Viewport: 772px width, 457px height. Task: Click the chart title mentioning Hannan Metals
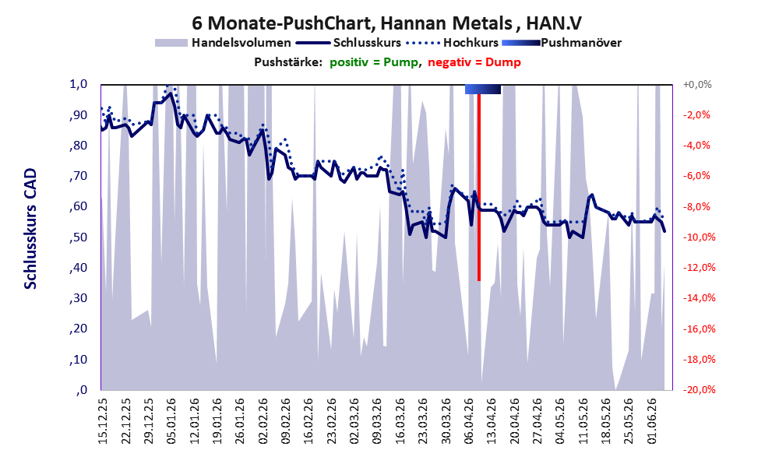[x=387, y=23]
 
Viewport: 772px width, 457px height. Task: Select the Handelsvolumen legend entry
[x=223, y=43]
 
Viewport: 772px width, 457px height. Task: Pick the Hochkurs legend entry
[x=453, y=43]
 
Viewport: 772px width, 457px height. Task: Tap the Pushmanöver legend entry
[x=562, y=43]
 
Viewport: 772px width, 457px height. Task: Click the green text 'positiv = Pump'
[x=374, y=62]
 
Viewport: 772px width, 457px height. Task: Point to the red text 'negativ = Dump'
[x=474, y=62]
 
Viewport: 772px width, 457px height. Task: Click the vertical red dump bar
[x=478, y=187]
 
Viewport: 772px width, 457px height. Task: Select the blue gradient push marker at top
[x=483, y=89]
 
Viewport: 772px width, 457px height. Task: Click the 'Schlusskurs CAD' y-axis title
[x=30, y=229]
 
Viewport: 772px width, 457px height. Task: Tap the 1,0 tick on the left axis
[x=79, y=84]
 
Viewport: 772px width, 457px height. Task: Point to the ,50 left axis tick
[x=79, y=237]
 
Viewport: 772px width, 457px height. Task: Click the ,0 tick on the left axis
[x=82, y=390]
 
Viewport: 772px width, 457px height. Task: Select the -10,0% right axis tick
[x=699, y=237]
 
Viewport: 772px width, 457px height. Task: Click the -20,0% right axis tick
[x=699, y=390]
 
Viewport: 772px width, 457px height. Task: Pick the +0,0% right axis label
[x=697, y=85]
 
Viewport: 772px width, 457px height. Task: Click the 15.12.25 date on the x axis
[x=103, y=421]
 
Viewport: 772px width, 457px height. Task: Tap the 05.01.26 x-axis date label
[x=171, y=421]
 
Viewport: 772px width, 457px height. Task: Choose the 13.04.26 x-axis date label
[x=492, y=421]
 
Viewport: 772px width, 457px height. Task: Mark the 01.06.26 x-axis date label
[x=652, y=421]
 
